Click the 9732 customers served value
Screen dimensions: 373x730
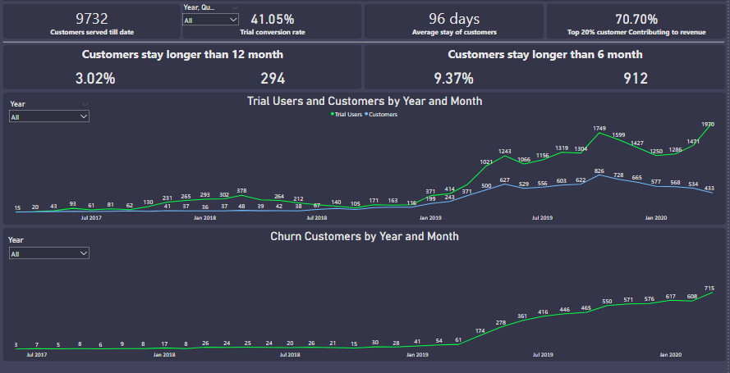pyautogui.click(x=92, y=18)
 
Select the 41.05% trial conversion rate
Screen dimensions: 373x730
pyautogui.click(x=272, y=19)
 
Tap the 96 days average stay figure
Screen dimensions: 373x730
pyautogui.click(x=454, y=19)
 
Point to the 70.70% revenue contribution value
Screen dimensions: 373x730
pyautogui.click(x=636, y=19)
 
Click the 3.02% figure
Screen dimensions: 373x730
pyautogui.click(x=95, y=79)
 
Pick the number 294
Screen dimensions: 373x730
pyautogui.click(x=273, y=79)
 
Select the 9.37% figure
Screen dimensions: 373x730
pyautogui.click(x=454, y=79)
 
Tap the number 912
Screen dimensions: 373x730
pyautogui.click(x=636, y=79)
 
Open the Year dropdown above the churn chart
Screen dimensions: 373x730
pyautogui.click(x=48, y=254)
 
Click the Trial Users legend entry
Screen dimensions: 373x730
pyautogui.click(x=347, y=114)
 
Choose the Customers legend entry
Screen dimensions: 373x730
pyautogui.click(x=383, y=114)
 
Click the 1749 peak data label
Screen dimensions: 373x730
pyautogui.click(x=599, y=129)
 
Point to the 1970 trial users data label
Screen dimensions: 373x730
pyautogui.click(x=708, y=124)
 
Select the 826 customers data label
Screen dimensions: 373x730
pyautogui.click(x=599, y=171)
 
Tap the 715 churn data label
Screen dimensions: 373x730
pyautogui.click(x=709, y=288)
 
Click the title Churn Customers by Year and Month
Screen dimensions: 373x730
pyautogui.click(x=365, y=236)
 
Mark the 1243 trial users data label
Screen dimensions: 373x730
pyautogui.click(x=505, y=152)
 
